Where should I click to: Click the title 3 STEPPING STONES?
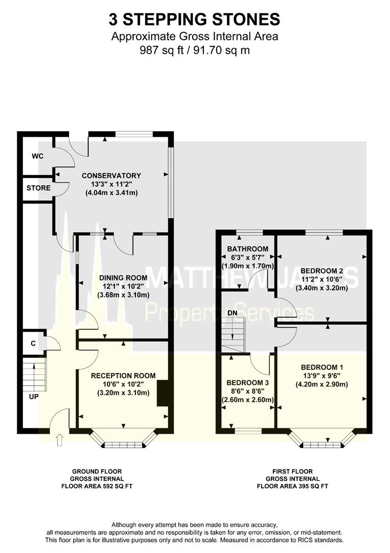point(194,19)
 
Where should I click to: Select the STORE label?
point(39,188)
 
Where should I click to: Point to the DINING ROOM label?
point(123,278)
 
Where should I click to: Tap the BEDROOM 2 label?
point(322,270)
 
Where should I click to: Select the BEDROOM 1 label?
point(322,367)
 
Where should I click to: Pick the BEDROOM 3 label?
point(247,382)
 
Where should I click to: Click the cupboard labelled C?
point(33,344)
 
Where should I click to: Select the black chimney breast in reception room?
point(162,393)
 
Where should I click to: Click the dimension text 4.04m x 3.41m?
point(111,193)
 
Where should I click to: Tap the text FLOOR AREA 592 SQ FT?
point(97,486)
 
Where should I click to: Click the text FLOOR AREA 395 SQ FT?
point(292,486)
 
